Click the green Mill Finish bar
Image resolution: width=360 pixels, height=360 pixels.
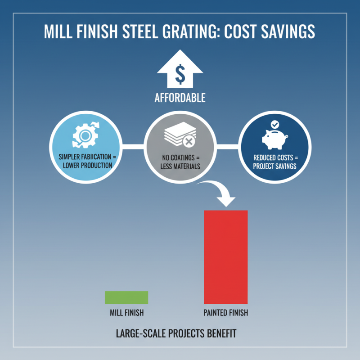pos(126,297)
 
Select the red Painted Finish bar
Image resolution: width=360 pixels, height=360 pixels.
pos(226,256)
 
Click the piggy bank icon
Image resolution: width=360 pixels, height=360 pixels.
pos(274,139)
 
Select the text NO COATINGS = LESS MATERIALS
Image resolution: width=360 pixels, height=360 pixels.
pos(180,162)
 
